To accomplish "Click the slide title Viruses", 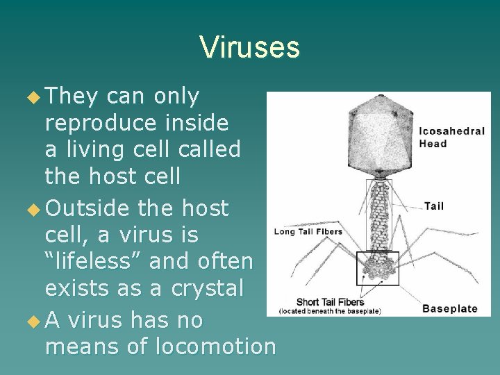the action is point(249,47).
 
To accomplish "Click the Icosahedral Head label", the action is point(452,137).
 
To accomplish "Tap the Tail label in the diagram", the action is point(433,206).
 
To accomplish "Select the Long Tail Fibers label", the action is point(308,231).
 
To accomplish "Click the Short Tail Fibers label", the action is point(331,301).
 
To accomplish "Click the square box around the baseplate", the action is point(378,268).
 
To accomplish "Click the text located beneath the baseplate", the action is point(330,311).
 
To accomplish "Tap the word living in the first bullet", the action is point(103,150).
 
